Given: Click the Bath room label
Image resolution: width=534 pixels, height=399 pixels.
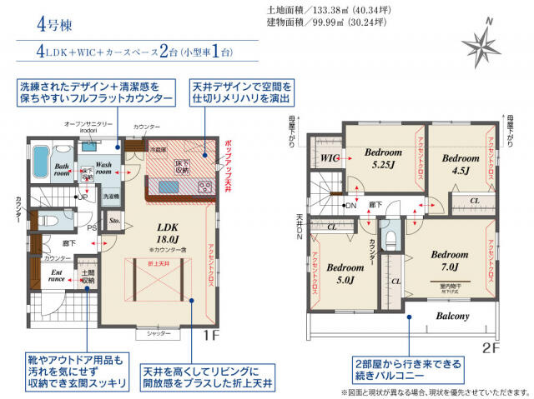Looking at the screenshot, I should [63, 170].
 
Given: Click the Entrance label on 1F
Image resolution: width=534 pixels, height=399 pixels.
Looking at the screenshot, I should [57, 277].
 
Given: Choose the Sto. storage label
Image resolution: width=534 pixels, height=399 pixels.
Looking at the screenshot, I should [115, 222].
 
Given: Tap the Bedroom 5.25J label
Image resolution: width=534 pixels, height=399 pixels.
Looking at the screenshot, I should [383, 158].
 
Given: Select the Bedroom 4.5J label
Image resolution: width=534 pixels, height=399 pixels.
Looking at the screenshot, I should [459, 164].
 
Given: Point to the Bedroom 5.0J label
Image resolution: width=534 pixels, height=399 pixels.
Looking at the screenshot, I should [344, 273].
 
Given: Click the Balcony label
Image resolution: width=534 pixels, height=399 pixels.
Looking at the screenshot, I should [452, 317].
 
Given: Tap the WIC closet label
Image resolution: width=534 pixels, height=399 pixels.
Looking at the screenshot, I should [328, 156].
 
